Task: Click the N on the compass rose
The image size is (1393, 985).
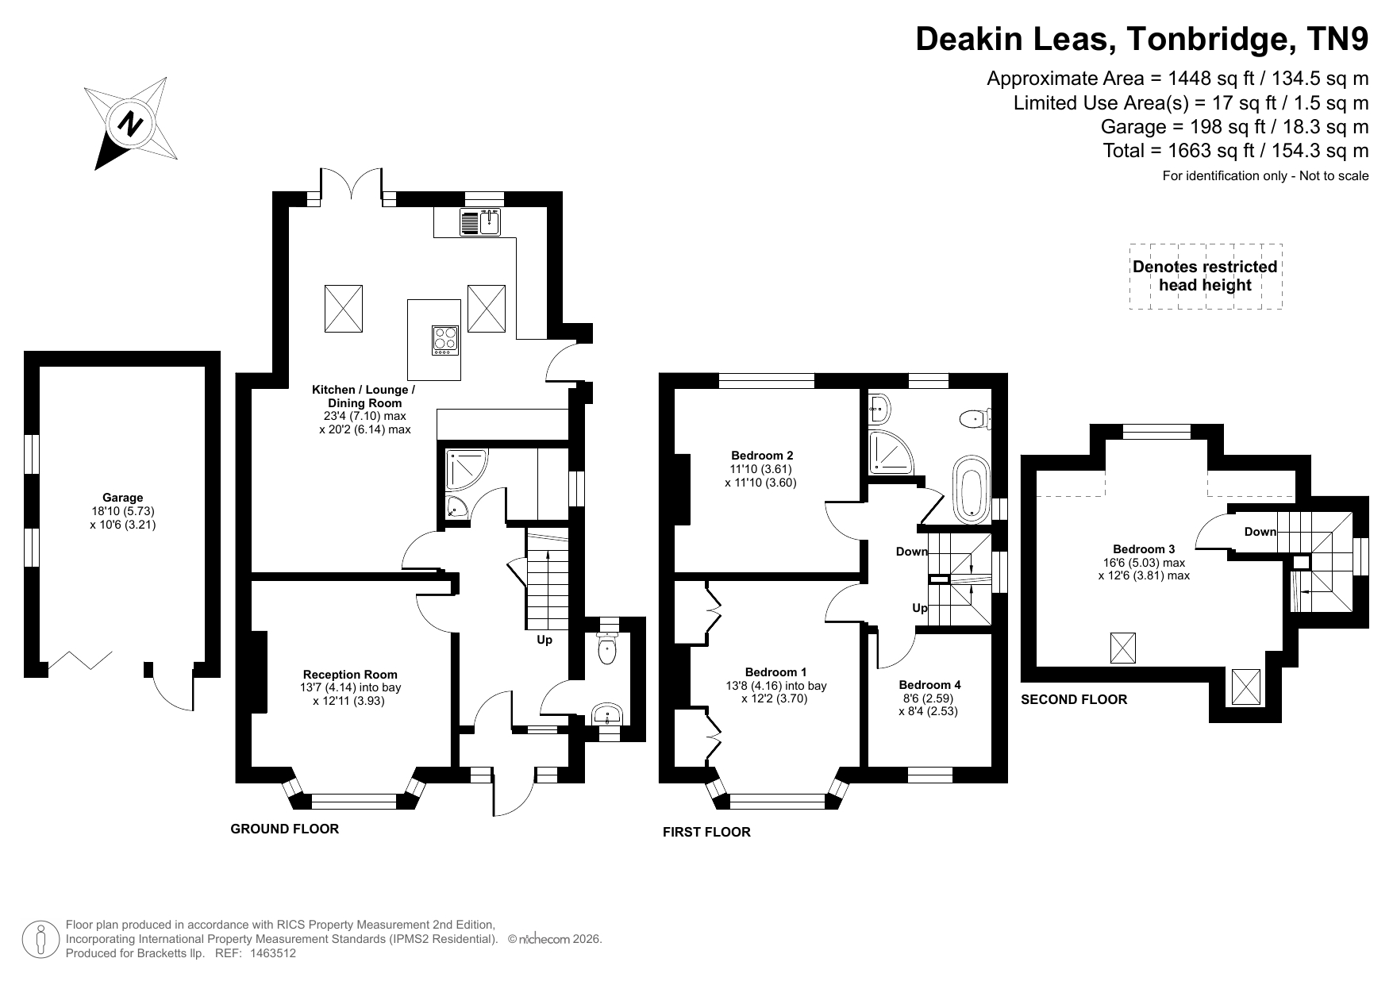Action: click(130, 124)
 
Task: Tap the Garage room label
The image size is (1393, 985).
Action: click(123, 498)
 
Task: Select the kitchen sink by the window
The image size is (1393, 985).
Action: click(479, 222)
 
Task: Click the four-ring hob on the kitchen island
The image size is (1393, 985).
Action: click(444, 341)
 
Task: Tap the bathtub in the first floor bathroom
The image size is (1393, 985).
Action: click(970, 488)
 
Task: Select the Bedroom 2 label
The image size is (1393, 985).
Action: click(762, 456)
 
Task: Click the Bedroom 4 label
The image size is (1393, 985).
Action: click(929, 685)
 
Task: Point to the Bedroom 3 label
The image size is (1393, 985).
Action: click(1144, 549)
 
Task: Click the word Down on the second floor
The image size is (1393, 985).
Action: click(1260, 532)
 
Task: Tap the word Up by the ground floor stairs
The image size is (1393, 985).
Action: click(545, 640)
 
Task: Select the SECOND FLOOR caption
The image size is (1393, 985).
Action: click(1074, 699)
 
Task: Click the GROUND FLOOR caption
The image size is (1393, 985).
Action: click(284, 829)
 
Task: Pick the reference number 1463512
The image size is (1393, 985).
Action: click(273, 953)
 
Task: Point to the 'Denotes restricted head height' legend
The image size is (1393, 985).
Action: click(1205, 276)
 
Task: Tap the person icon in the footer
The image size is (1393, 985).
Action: click(40, 940)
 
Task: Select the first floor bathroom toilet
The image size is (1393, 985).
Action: click(975, 417)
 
